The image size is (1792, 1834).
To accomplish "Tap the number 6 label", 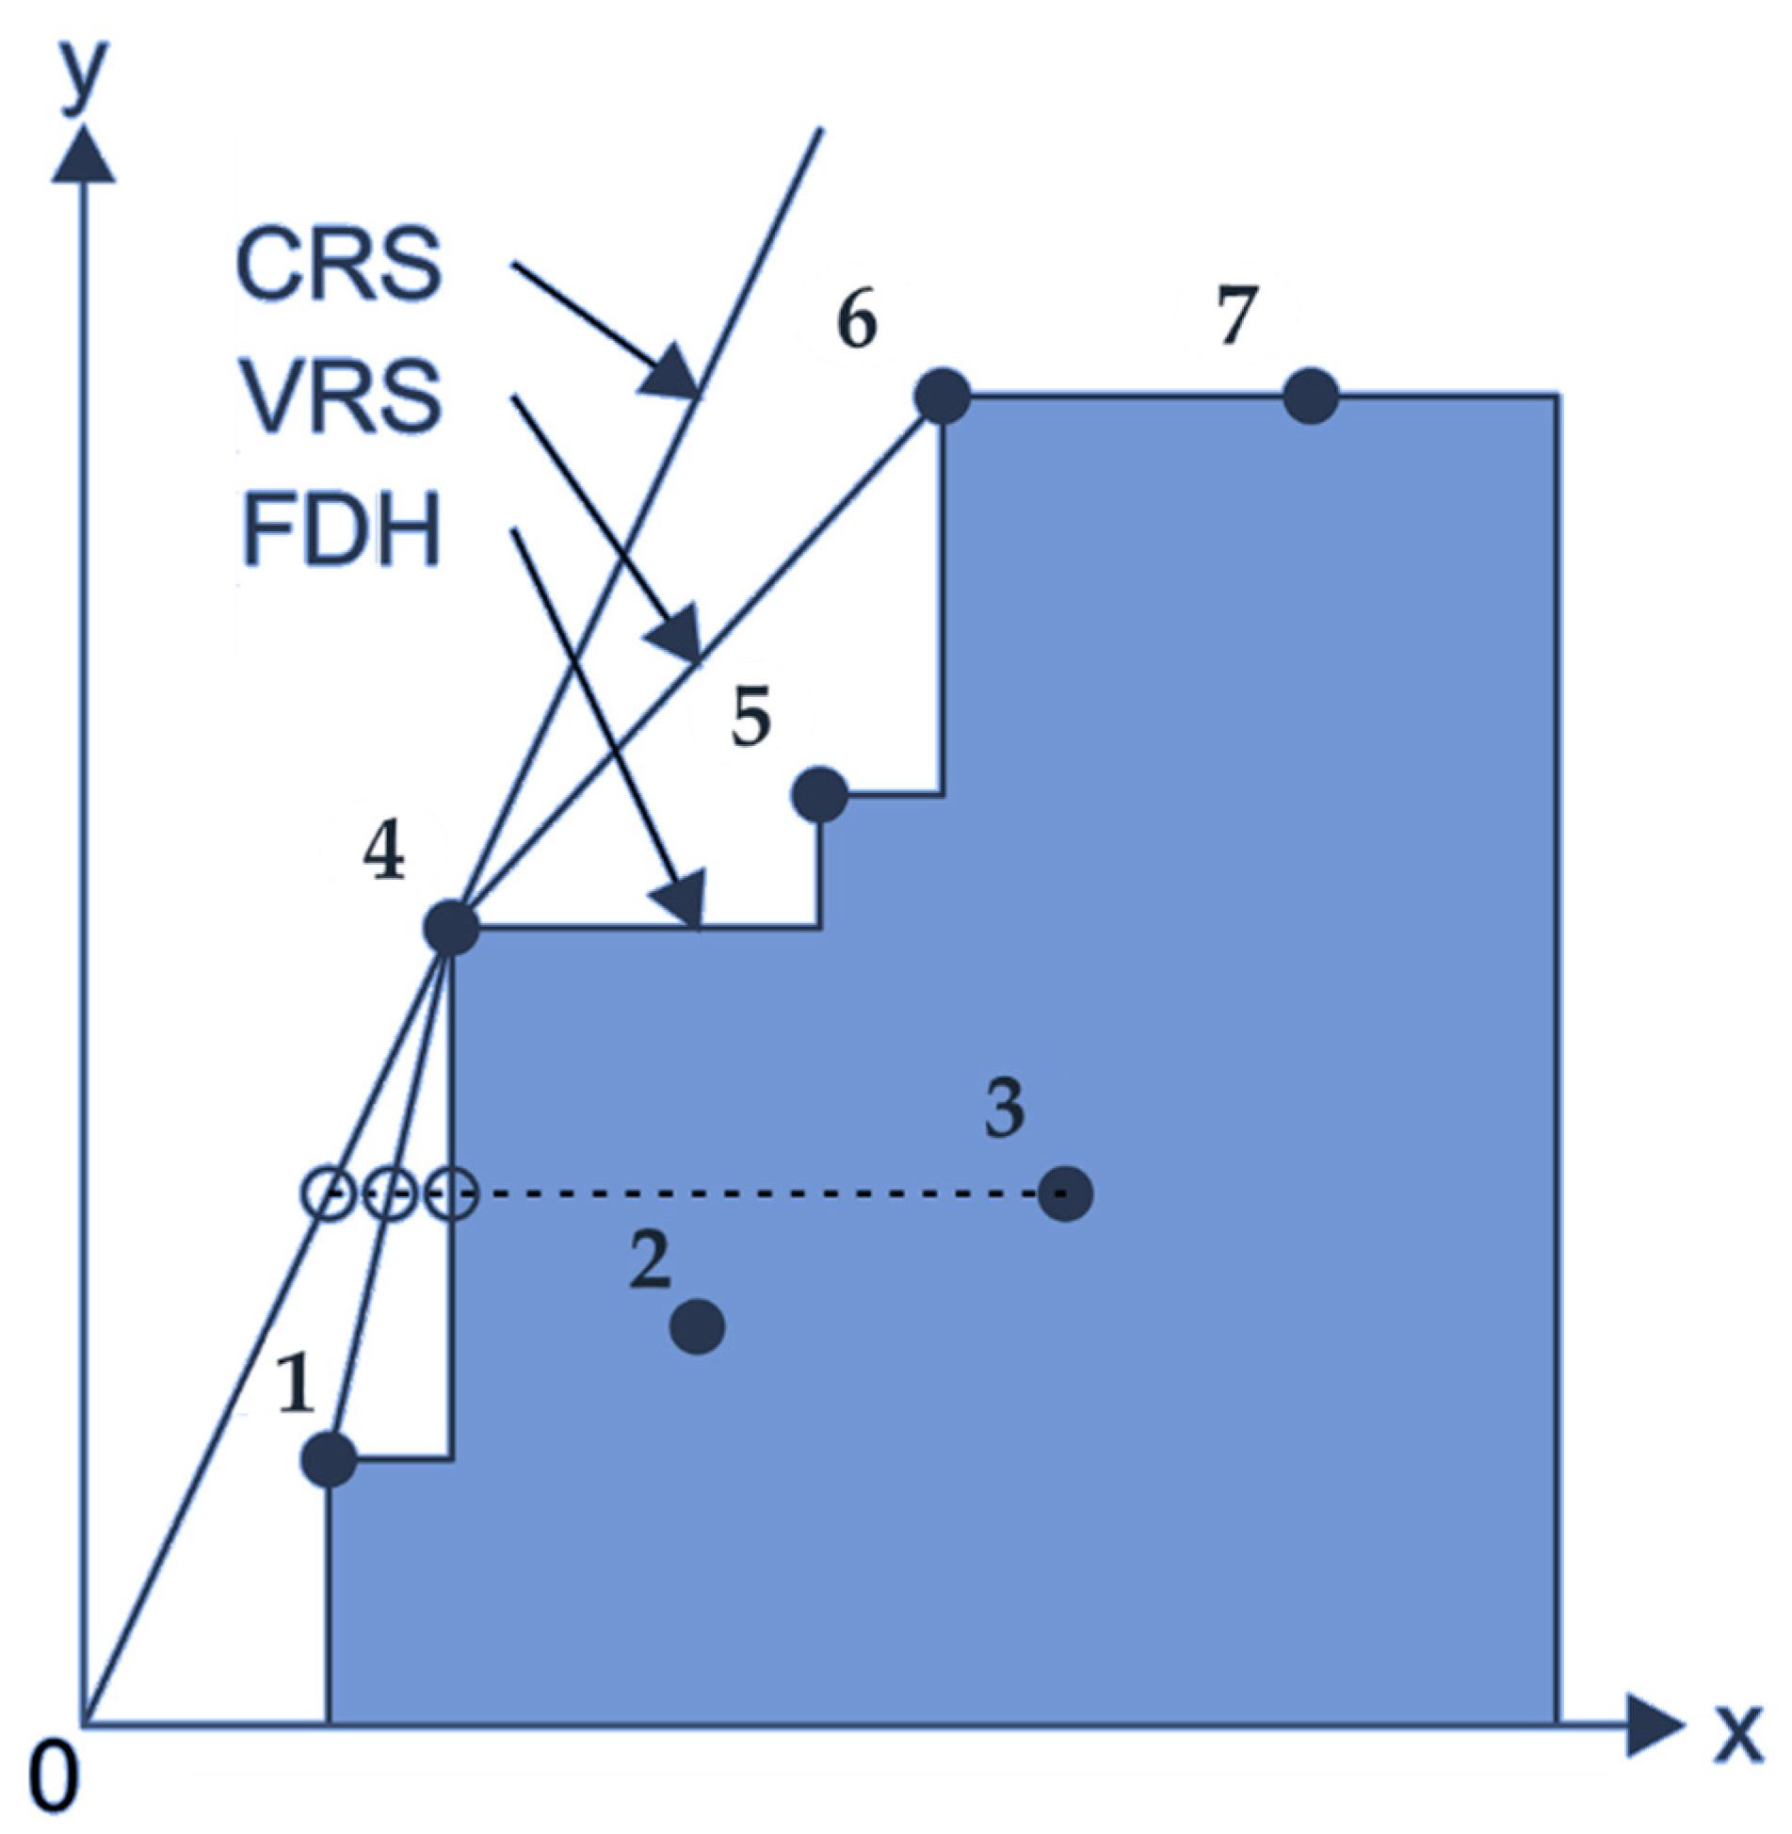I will click(857, 320).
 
